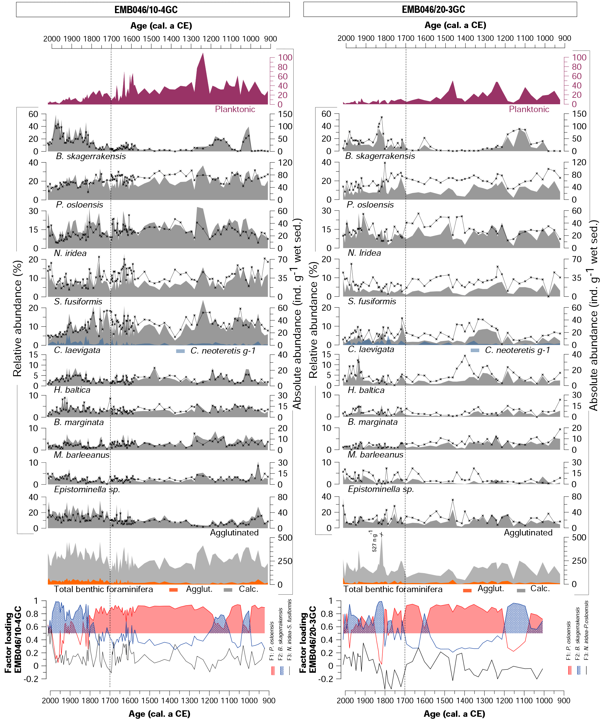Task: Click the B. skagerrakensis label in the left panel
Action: (x=91, y=156)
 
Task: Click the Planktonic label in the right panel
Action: (x=529, y=109)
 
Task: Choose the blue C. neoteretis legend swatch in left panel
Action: (x=180, y=351)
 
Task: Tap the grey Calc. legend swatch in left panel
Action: (x=228, y=590)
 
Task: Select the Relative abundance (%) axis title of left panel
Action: (x=17, y=318)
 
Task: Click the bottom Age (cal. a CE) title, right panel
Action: (x=454, y=714)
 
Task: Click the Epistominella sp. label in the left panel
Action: (x=87, y=489)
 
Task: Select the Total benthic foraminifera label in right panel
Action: (x=393, y=589)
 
